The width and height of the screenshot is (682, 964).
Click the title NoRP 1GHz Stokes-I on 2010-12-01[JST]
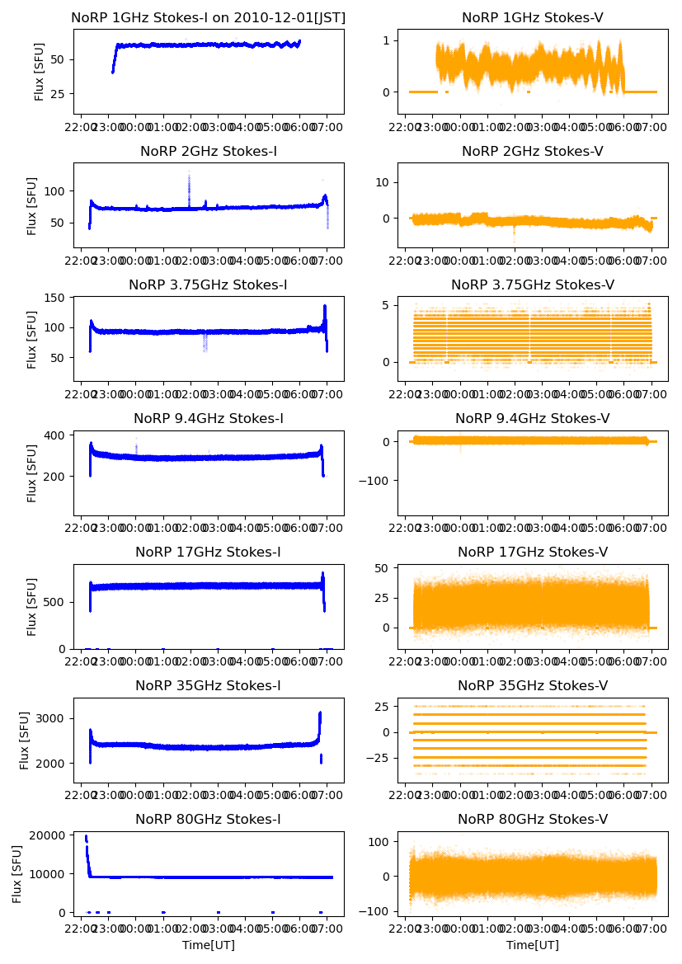(209, 17)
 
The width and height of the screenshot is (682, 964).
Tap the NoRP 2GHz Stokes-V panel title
(532, 151)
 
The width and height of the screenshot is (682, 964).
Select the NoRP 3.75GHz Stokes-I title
(209, 284)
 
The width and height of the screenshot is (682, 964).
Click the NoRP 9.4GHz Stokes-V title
(532, 418)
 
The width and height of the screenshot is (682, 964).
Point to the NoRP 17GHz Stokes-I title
(209, 552)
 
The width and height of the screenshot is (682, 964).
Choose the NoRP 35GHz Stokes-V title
(532, 685)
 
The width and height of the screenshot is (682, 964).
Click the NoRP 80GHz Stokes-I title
(209, 819)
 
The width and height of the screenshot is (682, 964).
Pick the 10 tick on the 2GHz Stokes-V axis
(382, 182)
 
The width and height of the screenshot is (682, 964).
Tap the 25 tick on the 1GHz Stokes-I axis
(59, 94)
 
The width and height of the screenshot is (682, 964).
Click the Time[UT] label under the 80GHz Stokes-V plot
(532, 945)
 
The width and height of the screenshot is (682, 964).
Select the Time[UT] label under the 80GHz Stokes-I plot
(209, 945)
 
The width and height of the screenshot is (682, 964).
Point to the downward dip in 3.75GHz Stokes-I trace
(205, 342)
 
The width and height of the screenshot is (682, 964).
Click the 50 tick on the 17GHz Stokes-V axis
(382, 569)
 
